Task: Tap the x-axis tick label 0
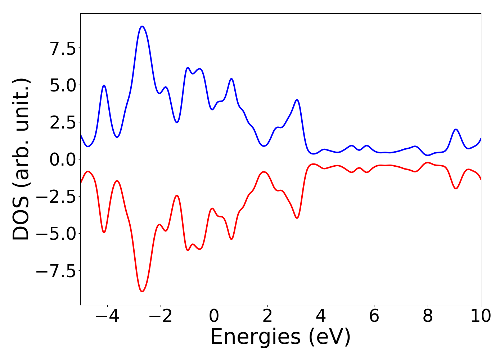coord(214,316)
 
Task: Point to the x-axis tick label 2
coord(267,316)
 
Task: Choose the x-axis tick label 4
coord(321,316)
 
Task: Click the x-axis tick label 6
coord(374,316)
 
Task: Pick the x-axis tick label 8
coord(427,316)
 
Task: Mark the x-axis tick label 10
coord(481,316)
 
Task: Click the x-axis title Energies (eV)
coord(280,337)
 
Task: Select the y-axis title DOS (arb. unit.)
coord(22,159)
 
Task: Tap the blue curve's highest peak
coord(142,26)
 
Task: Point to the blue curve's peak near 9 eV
coord(456,129)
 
